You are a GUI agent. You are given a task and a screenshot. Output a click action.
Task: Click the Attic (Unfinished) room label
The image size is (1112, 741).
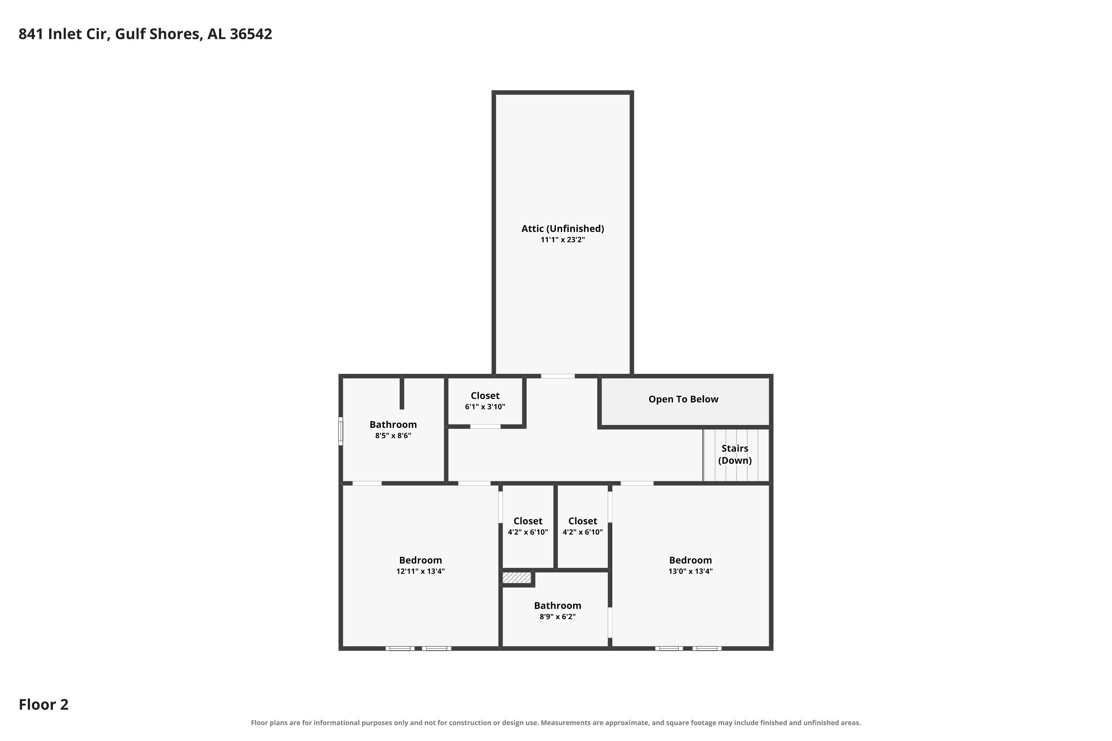(x=563, y=229)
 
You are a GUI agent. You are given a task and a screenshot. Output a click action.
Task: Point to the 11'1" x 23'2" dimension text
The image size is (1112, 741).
(x=563, y=240)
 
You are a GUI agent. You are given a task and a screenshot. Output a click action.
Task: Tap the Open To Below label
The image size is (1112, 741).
(x=683, y=399)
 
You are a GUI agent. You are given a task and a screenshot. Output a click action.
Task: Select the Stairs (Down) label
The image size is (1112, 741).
(x=735, y=454)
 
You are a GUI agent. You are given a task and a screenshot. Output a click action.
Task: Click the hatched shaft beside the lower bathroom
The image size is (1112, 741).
(x=517, y=578)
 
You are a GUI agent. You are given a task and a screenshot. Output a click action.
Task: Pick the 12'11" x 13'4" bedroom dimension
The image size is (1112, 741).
(x=420, y=571)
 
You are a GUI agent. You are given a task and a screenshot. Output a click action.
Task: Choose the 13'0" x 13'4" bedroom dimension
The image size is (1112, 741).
(x=690, y=571)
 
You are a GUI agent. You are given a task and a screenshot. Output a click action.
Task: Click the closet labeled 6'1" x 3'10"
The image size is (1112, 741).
(x=485, y=401)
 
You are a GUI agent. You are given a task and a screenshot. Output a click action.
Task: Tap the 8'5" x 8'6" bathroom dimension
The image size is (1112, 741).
(x=393, y=436)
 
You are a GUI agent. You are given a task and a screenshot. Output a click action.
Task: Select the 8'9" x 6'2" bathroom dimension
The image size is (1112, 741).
(x=557, y=617)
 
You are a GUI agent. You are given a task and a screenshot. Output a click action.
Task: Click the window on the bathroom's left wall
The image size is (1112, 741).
(x=340, y=431)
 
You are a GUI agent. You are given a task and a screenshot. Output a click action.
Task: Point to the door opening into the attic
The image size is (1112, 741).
(x=558, y=376)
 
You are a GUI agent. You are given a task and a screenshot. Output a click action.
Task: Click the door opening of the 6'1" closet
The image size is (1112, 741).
(x=485, y=427)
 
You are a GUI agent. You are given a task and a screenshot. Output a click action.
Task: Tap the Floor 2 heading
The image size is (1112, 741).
(x=43, y=705)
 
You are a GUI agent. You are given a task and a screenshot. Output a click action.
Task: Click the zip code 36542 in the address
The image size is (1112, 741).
(x=251, y=34)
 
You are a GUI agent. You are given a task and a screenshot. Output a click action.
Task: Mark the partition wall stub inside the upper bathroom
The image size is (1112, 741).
(x=402, y=393)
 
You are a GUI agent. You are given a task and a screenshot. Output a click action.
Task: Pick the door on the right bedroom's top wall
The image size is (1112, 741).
(x=637, y=484)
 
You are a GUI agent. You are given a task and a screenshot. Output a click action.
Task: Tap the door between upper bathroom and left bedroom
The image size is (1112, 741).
(x=367, y=484)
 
